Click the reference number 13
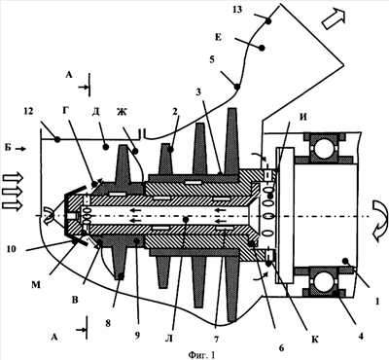pyautogui.click(x=237, y=10)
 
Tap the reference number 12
pyautogui.click(x=28, y=111)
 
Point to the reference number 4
pyautogui.click(x=360, y=336)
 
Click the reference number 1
pyautogui.click(x=377, y=302)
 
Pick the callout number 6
pyautogui.click(x=281, y=347)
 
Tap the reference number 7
pyautogui.click(x=216, y=339)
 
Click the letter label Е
pyautogui.click(x=218, y=37)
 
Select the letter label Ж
pyautogui.click(x=122, y=112)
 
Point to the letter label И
pyautogui.click(x=302, y=118)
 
